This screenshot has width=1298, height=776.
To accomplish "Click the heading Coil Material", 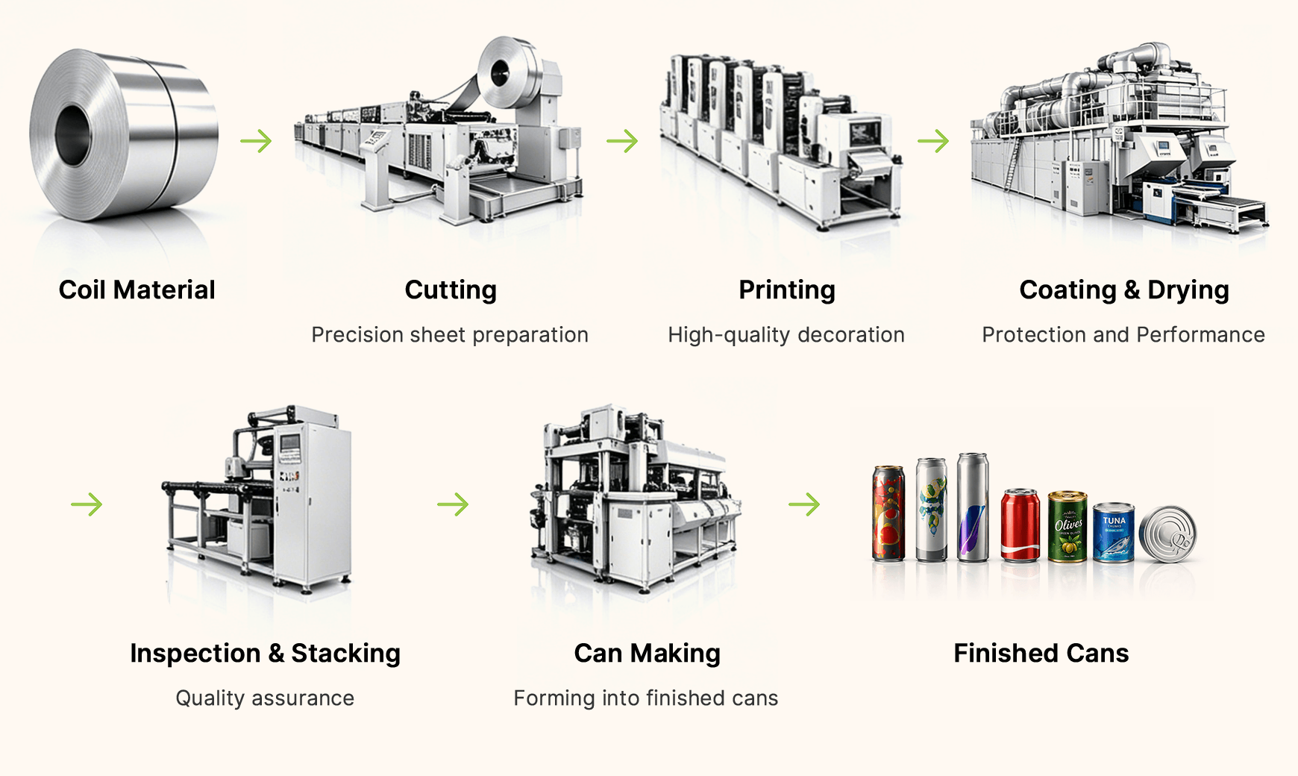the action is pyautogui.click(x=137, y=290).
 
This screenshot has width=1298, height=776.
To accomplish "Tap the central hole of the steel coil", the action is pyautogui.click(x=72, y=136).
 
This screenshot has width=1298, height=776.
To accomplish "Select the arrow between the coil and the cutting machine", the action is pyautogui.click(x=256, y=140).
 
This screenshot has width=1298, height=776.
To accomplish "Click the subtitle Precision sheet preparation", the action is pyautogui.click(x=450, y=334).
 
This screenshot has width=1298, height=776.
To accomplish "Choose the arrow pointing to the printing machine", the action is pyautogui.click(x=622, y=140).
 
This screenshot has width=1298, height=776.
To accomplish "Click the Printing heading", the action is pyautogui.click(x=787, y=290).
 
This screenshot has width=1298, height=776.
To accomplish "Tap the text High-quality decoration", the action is pyautogui.click(x=786, y=334).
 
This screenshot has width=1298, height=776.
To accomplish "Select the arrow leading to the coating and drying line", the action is pyautogui.click(x=933, y=140).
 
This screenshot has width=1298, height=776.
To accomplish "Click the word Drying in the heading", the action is pyautogui.click(x=1188, y=290).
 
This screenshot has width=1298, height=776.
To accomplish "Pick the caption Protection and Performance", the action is pyautogui.click(x=1123, y=334).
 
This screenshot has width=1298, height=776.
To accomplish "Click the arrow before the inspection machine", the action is pyautogui.click(x=87, y=504).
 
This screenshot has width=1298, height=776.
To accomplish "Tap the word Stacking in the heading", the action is pyautogui.click(x=346, y=653).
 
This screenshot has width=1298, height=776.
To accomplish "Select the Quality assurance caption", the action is pyautogui.click(x=265, y=698).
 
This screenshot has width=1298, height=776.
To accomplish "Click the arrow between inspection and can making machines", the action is pyautogui.click(x=453, y=504).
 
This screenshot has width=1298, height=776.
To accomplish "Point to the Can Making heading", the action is pyautogui.click(x=648, y=653).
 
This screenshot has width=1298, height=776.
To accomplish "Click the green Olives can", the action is pyautogui.click(x=1067, y=526).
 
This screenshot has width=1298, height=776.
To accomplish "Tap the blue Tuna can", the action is pyautogui.click(x=1114, y=532).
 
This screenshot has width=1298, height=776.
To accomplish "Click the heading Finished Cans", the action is pyautogui.click(x=1041, y=653).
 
